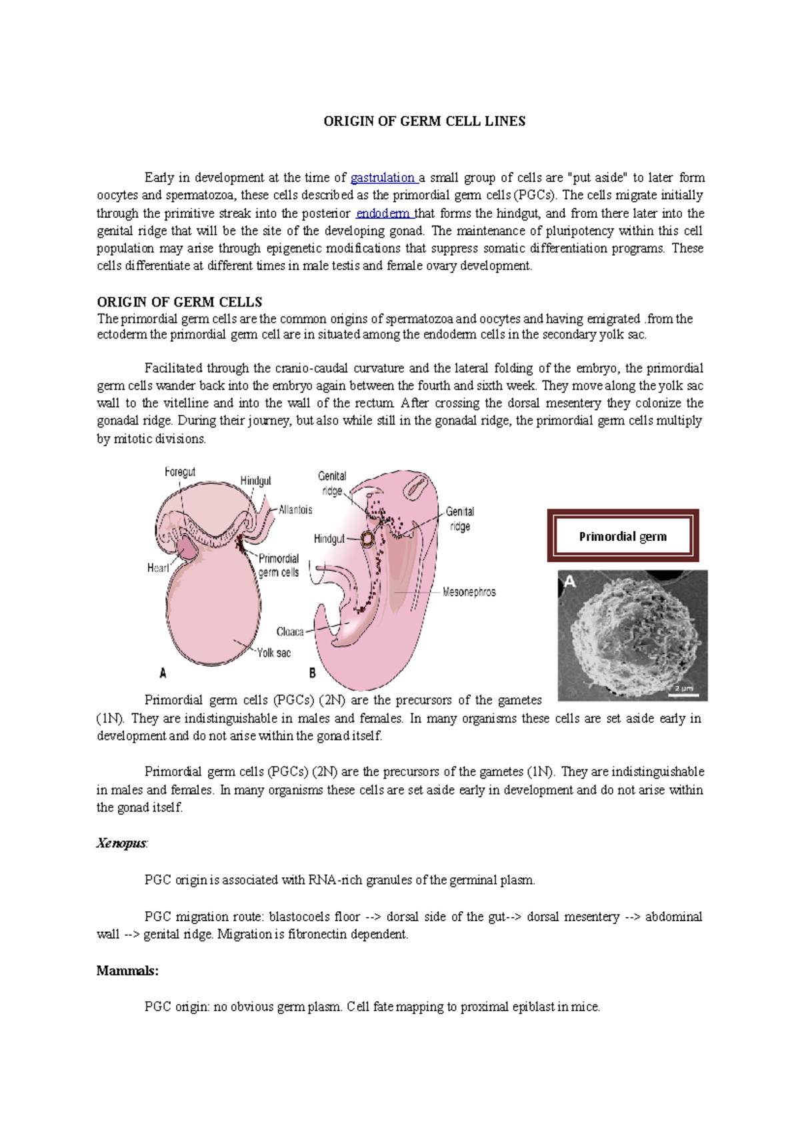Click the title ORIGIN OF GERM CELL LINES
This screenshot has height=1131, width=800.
coord(424,121)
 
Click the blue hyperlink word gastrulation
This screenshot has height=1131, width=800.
coord(382,178)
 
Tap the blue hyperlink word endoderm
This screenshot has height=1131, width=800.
coord(383,214)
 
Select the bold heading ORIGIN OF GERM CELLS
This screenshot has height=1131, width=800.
coord(179,302)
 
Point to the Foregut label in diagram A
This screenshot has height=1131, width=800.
coord(180,472)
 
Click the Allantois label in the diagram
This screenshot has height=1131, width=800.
coord(295,510)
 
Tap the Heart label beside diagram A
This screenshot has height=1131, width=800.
coord(158,567)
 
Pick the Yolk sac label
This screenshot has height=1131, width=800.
coord(274,653)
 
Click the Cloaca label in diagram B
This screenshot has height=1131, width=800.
coord(290,631)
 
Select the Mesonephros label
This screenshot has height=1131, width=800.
coord(469,591)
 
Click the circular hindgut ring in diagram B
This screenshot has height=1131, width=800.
coord(367,539)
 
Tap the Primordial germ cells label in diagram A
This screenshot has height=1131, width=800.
coord(279,565)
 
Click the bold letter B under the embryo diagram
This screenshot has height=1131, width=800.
coord(312,673)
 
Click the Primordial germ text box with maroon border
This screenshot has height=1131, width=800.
coord(623,536)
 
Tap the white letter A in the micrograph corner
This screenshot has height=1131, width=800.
coord(569,582)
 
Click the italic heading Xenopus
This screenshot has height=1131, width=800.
coord(121,843)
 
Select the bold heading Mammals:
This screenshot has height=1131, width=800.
coord(127,970)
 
